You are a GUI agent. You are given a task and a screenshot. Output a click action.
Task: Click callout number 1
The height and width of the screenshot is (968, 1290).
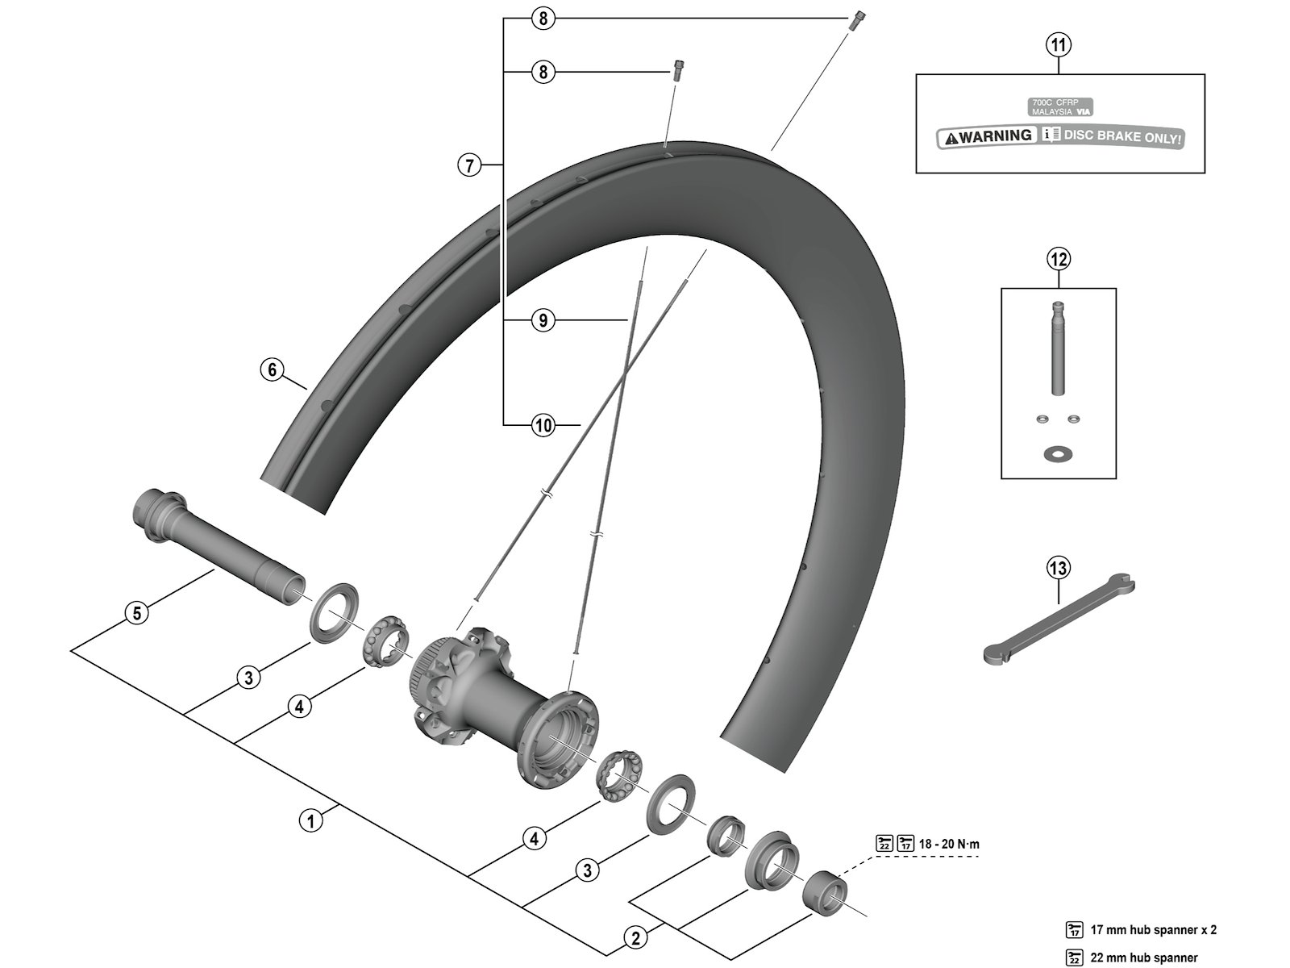[x=310, y=821]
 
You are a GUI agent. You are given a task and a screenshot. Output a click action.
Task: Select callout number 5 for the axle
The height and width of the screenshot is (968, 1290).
[x=137, y=613]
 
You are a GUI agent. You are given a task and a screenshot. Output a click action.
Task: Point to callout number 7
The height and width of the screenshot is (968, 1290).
[x=469, y=165]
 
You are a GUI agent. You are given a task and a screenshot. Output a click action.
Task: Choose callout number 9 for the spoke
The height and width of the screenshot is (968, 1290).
[x=543, y=321]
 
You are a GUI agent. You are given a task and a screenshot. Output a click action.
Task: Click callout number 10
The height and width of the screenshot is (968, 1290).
[x=543, y=424]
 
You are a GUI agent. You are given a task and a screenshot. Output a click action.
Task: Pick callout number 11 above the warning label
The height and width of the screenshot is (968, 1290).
[x=1059, y=45]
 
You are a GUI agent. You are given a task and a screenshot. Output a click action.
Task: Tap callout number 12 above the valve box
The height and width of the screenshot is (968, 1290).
[x=1058, y=259]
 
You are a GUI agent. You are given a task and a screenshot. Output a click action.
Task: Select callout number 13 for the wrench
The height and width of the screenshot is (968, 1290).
[x=1058, y=568]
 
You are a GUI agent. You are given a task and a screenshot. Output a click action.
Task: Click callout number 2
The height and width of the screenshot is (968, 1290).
[x=636, y=938]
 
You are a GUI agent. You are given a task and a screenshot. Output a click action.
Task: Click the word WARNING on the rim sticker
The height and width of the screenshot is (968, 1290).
[x=996, y=136]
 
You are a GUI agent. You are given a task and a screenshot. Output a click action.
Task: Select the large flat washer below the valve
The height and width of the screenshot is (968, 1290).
[x=1057, y=453]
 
